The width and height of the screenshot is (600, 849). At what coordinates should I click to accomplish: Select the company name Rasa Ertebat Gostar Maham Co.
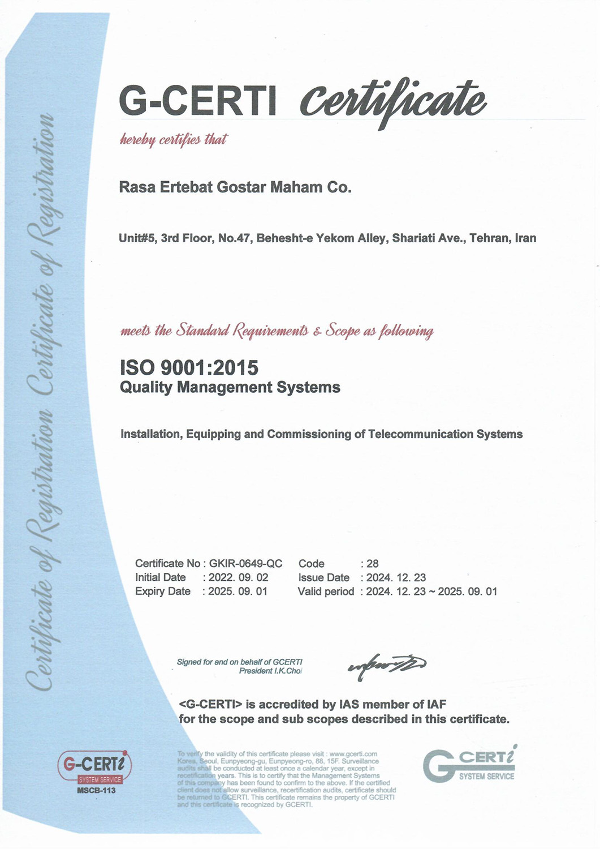pos(235,187)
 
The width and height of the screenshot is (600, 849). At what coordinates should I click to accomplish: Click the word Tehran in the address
pos(490,238)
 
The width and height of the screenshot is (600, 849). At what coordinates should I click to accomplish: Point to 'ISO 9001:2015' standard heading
pos(189,368)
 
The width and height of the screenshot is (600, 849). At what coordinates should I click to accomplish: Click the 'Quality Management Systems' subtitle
pos(230,388)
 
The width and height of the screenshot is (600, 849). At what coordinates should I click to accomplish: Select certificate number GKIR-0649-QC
pos(245,564)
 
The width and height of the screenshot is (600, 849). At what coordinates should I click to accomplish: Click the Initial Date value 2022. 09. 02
pos(238,578)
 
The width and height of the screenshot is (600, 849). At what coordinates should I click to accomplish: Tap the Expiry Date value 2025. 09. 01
pos(238,591)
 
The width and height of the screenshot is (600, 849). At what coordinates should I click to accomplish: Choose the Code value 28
pos(373,564)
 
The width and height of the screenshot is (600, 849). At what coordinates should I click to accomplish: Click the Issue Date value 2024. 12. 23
pos(396,578)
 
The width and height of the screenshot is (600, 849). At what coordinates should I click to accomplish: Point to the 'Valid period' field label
pos(326,591)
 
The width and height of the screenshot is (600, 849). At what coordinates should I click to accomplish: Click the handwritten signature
pos(387,664)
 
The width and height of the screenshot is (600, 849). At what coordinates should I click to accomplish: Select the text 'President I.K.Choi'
pos(270,671)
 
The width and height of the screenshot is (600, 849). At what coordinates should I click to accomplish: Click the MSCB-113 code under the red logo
pos(96,790)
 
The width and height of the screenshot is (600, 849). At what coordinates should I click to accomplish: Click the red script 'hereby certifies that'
pos(173,140)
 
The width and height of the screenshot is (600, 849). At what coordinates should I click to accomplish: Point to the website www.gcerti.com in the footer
pos(353,754)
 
